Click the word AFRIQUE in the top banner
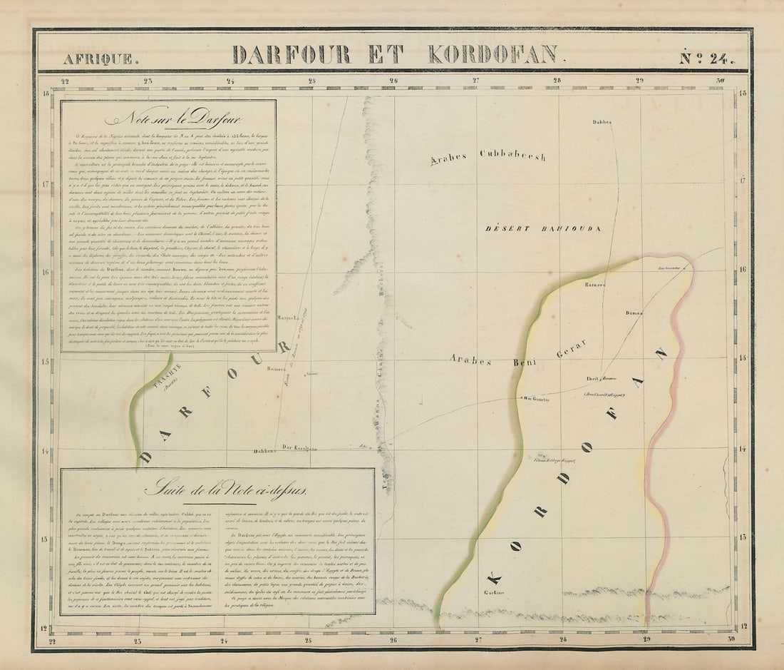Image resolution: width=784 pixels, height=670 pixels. point(98,59)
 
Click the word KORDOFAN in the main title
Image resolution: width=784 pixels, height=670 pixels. point(492,54)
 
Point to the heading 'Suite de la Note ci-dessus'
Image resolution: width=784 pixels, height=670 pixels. point(226,489)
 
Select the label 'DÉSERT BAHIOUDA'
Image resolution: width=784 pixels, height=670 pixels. point(543,228)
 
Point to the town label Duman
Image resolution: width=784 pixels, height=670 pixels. point(634,313)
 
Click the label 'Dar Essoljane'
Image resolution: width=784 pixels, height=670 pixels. point(299,448)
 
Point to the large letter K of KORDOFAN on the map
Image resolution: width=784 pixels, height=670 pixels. point(494,577)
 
